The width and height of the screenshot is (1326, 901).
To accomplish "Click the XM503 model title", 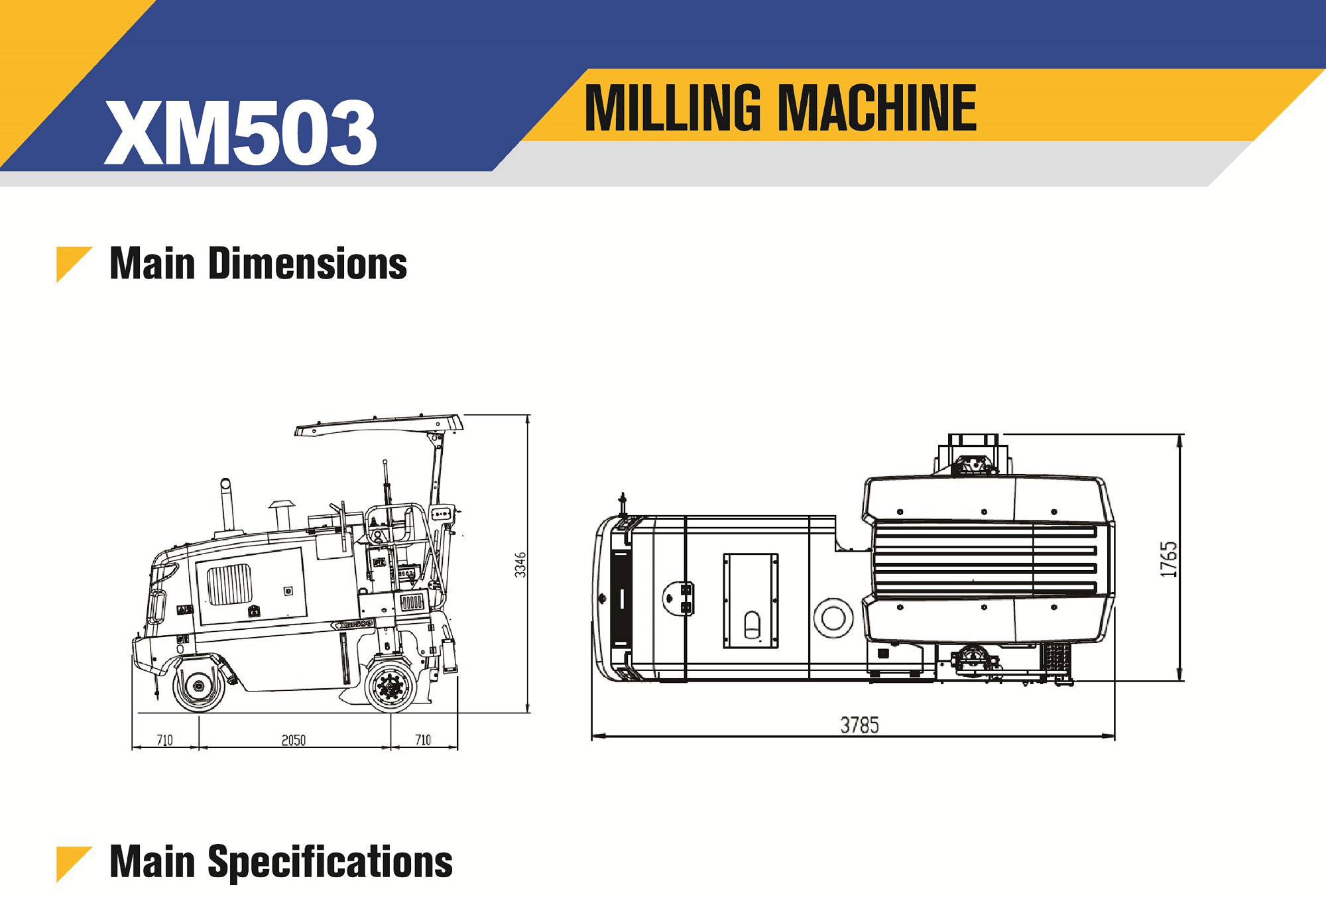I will click(x=240, y=133).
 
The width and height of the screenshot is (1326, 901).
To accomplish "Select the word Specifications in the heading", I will click(x=330, y=862).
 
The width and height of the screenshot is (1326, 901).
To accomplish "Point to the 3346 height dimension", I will click(x=520, y=564).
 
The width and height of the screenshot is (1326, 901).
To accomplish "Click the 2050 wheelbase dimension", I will click(x=294, y=740).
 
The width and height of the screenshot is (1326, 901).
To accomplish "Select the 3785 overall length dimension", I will click(x=859, y=725).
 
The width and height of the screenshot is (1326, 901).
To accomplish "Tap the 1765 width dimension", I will click(x=1169, y=559).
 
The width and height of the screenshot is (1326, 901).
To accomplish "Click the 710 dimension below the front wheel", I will click(x=164, y=740).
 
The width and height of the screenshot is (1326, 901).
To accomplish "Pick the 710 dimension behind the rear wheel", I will click(x=423, y=740).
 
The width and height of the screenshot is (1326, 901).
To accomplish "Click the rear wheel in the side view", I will click(x=391, y=686).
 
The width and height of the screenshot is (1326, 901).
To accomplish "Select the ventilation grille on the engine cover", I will click(x=229, y=583).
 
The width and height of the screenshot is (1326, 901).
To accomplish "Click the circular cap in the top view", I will click(x=833, y=618).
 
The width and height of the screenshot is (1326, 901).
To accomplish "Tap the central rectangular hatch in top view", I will click(x=751, y=600).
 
